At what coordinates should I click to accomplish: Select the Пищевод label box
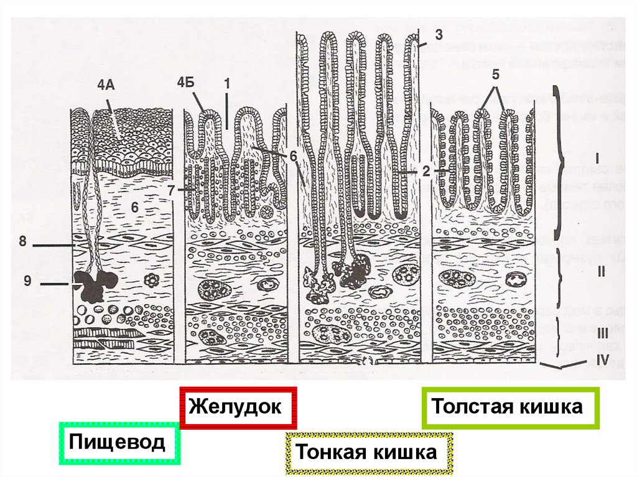(118, 442)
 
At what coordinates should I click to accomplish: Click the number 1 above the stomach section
(227, 82)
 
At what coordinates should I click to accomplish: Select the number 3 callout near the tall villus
(439, 35)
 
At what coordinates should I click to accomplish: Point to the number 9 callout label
(27, 282)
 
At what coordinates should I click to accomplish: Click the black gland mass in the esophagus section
(93, 287)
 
